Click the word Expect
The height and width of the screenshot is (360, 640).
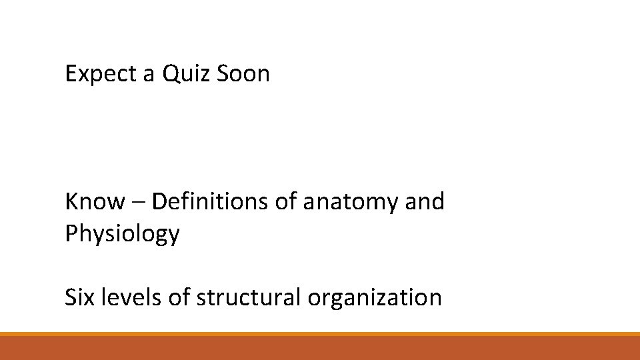(101, 74)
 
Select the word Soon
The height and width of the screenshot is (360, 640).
(243, 74)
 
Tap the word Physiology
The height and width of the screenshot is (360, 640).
(122, 234)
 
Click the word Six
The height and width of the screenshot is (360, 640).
(81, 297)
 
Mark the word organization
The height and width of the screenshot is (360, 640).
(375, 297)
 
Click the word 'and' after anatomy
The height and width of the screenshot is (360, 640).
(425, 201)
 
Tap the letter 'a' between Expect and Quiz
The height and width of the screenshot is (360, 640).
(149, 75)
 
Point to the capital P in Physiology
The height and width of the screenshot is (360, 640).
(71, 233)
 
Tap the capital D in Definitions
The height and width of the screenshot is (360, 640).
(159, 201)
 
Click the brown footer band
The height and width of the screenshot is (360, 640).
(320, 348)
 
